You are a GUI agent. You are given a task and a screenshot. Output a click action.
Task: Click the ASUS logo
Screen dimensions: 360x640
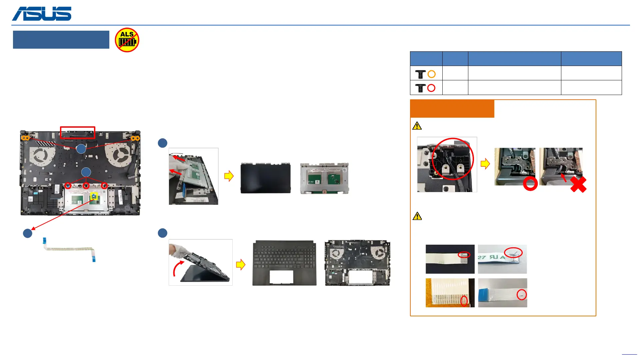coord(42,14)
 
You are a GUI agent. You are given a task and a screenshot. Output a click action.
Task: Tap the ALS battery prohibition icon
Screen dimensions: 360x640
coord(127,40)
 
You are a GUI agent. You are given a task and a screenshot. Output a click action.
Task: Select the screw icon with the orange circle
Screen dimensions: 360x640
coord(425,74)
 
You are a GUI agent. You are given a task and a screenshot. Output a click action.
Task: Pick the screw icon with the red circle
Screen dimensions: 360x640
coord(425,88)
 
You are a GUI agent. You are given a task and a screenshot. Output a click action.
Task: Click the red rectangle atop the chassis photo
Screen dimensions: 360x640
coord(77,132)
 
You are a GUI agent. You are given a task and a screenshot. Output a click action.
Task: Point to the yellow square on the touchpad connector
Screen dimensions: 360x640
coord(94,196)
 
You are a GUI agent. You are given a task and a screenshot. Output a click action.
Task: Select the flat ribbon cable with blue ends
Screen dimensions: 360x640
coord(69,249)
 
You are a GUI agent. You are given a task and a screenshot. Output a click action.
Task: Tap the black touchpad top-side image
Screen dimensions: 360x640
coord(265,178)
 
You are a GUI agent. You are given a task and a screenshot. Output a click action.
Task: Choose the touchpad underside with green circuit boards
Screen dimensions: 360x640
coord(324,178)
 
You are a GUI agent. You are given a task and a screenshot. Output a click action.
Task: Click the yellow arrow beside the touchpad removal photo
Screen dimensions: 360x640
coord(229,176)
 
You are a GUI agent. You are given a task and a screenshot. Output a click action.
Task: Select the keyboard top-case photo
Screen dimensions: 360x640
coord(284,263)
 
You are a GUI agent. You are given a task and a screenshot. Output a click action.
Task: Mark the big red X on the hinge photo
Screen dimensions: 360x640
coord(578,185)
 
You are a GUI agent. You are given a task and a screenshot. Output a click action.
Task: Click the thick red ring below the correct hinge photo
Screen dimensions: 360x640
coord(530,184)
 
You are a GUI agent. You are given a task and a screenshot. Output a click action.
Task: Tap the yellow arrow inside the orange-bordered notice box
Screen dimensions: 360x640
coord(485,164)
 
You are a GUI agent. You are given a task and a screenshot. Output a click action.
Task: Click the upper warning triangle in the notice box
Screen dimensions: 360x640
coord(417,126)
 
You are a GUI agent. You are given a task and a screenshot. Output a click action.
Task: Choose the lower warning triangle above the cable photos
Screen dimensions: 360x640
coord(417,216)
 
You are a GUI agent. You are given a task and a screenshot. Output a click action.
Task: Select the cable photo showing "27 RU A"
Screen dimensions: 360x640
coord(502,259)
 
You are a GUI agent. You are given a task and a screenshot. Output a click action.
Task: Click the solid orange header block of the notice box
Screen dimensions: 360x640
coord(452,109)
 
